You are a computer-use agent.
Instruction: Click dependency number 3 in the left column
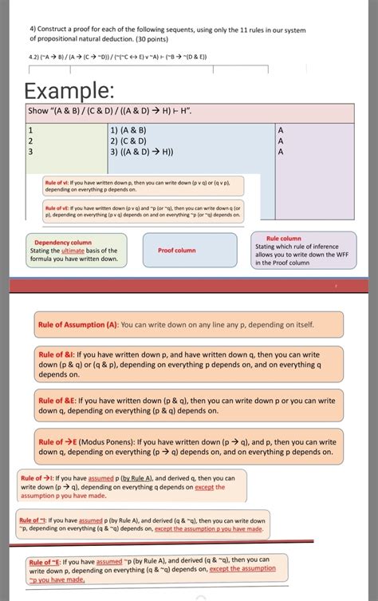pyautogui.click(x=30, y=152)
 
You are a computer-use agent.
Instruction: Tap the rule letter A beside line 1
pyautogui.click(x=280, y=129)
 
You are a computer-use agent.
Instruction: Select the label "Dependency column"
pyautogui.click(x=63, y=242)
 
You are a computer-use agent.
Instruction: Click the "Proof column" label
pyautogui.click(x=177, y=250)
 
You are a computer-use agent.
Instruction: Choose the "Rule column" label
pyautogui.click(x=283, y=238)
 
